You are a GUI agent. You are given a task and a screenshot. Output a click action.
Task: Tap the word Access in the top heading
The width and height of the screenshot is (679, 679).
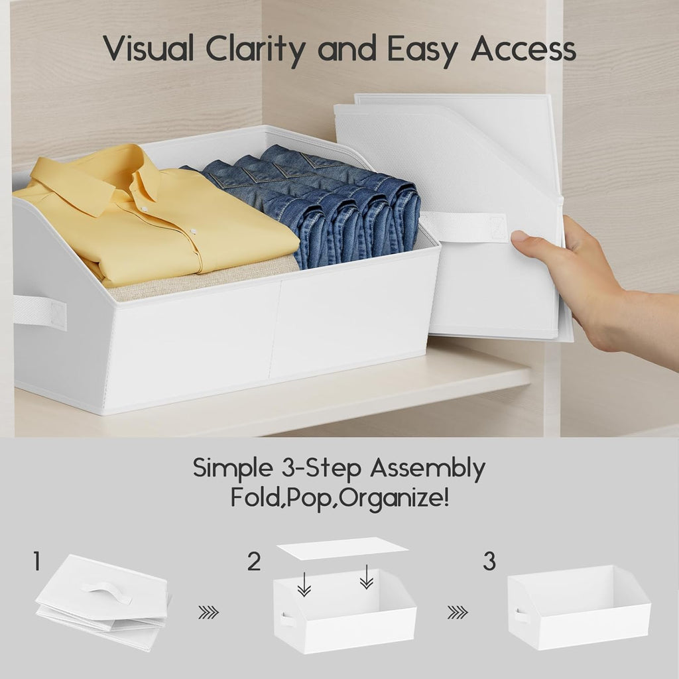[523, 50]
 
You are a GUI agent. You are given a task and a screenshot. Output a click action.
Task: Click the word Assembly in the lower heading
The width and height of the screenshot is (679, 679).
[428, 469]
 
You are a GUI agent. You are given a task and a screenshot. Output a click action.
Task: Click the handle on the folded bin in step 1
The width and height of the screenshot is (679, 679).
[107, 590]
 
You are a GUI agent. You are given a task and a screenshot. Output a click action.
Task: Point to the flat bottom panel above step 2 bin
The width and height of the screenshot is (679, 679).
[342, 548]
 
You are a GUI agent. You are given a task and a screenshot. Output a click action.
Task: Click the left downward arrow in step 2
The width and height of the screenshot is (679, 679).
[304, 584]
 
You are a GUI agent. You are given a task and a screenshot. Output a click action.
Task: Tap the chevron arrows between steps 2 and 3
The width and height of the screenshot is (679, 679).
[457, 613]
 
